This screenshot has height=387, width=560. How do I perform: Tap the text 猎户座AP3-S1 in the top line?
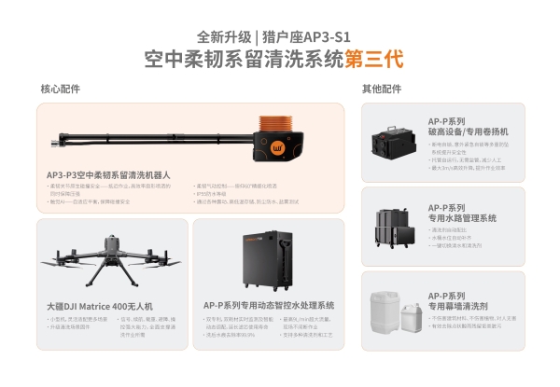point(311,37)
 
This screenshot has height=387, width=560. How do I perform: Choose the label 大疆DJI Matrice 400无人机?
point(100,305)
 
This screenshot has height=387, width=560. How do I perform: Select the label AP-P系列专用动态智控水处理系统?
point(268,305)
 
